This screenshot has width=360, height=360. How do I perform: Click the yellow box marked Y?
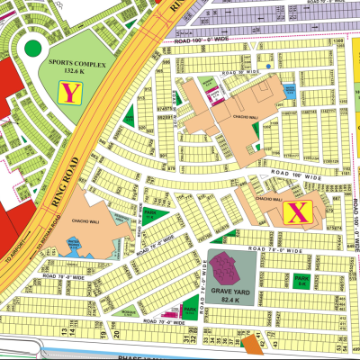click(x=68, y=90)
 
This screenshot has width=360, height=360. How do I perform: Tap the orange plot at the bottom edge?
click(x=248, y=342)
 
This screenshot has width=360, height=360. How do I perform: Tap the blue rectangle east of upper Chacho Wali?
click(x=291, y=90)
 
